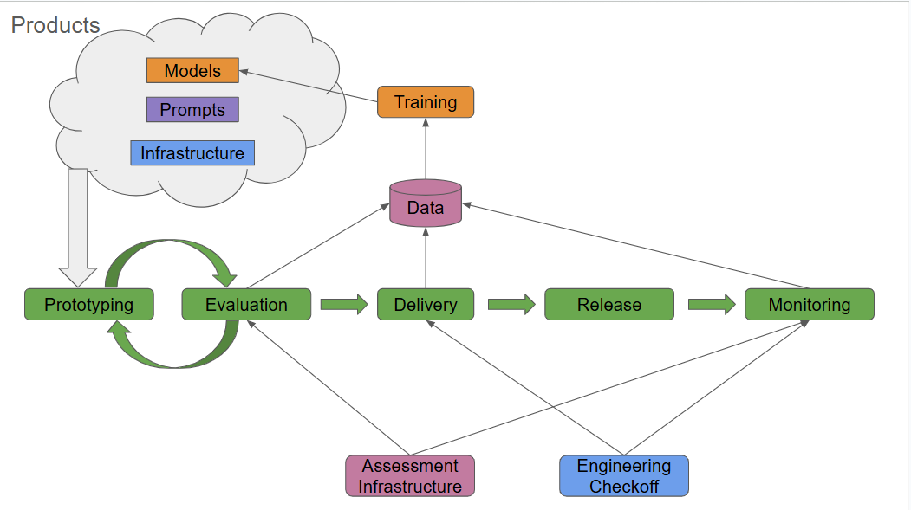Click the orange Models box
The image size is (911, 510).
point(192,70)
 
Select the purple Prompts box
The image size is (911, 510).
point(192,110)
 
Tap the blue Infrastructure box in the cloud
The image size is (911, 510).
point(192,153)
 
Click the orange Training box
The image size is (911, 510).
point(426,102)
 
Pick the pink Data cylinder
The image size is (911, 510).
point(426,203)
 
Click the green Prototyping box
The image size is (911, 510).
point(89,305)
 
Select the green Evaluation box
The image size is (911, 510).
point(246,305)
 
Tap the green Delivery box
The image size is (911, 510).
point(426,305)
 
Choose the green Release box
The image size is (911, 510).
point(609,305)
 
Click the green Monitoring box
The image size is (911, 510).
point(810,305)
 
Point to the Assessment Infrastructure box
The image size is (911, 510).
point(410,475)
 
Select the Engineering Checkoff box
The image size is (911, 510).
point(624,475)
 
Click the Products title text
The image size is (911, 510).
point(55,25)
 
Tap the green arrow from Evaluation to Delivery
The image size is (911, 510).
point(344,305)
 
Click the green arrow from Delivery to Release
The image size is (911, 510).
point(511,305)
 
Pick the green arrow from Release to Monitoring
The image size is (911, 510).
point(712,305)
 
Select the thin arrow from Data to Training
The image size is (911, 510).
point(426,149)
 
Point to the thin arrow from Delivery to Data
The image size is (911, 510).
point(426,258)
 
